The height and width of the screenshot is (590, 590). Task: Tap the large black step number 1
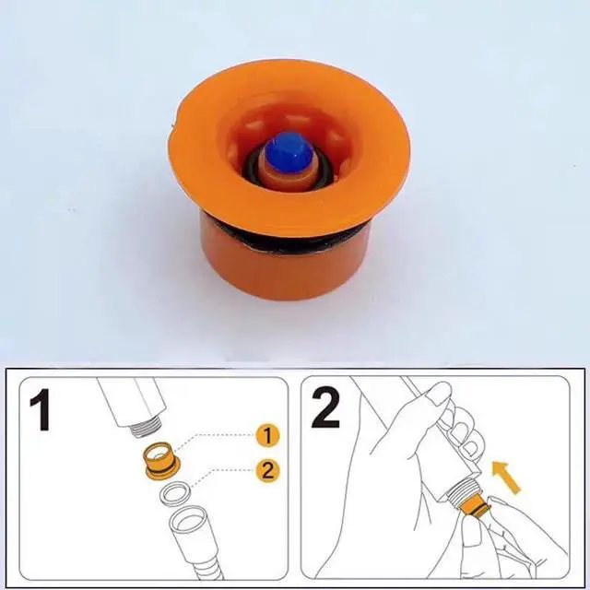pos(41,410)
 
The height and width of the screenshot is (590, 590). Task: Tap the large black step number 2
pos(325,407)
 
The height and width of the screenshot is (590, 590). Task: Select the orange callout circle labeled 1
pos(267,436)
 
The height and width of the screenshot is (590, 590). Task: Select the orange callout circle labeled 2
pos(267,470)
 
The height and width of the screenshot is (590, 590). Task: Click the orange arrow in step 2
pos(506,478)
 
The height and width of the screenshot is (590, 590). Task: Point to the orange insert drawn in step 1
pos(162,461)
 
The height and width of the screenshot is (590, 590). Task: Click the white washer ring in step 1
pos(175,493)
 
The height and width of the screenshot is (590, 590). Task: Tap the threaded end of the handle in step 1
pos(147,428)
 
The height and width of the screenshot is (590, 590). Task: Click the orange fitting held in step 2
pos(475,504)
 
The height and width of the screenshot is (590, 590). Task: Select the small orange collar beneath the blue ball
pos(289,177)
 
